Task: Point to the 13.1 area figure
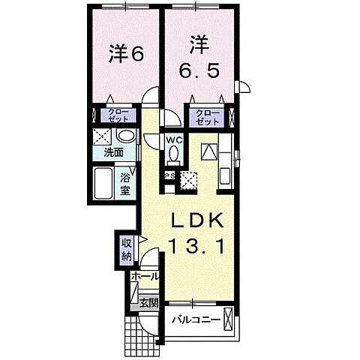coord(201,245)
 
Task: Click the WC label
coord(174,139)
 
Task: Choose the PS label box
coord(170,176)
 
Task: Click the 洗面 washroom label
coord(114,151)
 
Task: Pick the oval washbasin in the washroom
coord(127,137)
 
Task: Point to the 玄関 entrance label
coord(149,303)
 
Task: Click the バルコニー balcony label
coord(194,319)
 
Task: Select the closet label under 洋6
coord(122,116)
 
